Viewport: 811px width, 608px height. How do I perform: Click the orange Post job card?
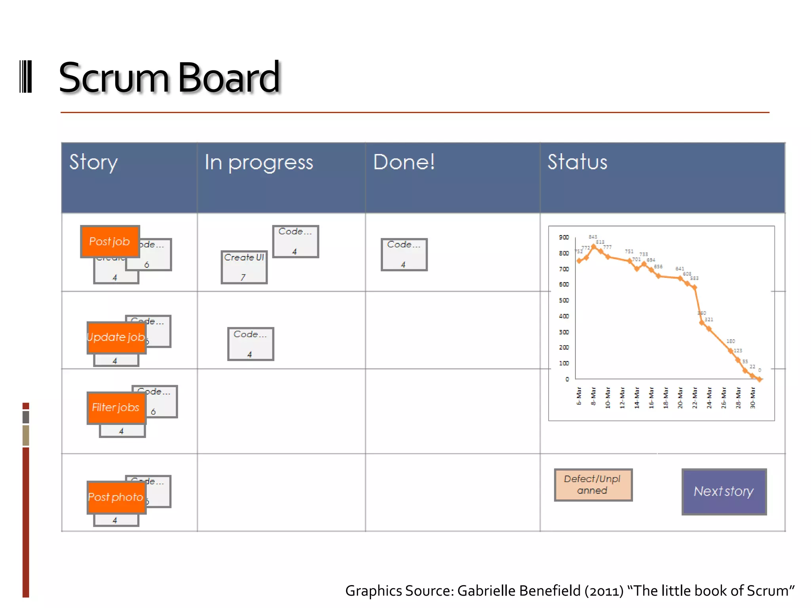click(x=110, y=241)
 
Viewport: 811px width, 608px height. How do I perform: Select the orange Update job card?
click(x=116, y=337)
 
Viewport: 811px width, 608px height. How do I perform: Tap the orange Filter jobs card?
click(x=116, y=408)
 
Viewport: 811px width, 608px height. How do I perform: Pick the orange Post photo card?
click(x=116, y=497)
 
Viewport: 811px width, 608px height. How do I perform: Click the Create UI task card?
click(x=244, y=267)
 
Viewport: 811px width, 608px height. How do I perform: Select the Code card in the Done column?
click(x=404, y=254)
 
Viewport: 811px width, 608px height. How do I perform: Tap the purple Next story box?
click(x=724, y=492)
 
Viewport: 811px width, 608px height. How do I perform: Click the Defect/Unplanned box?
click(x=593, y=485)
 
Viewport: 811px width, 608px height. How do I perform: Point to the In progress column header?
click(x=259, y=162)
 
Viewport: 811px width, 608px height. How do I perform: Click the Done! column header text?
click(x=404, y=162)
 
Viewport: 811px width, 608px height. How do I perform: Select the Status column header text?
click(x=577, y=162)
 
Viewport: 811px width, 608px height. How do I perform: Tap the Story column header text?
click(x=93, y=162)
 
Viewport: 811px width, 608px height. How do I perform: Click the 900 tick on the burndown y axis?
click(x=564, y=237)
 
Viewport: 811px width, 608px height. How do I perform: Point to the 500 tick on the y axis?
click(x=564, y=300)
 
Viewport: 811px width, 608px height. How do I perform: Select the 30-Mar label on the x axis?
click(x=753, y=398)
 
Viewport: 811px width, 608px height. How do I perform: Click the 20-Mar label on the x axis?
click(x=680, y=398)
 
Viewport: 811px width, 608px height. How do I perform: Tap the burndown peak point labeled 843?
click(x=593, y=246)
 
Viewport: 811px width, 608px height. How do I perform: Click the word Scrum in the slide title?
click(x=114, y=78)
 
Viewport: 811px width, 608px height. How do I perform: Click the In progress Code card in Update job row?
click(x=250, y=344)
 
